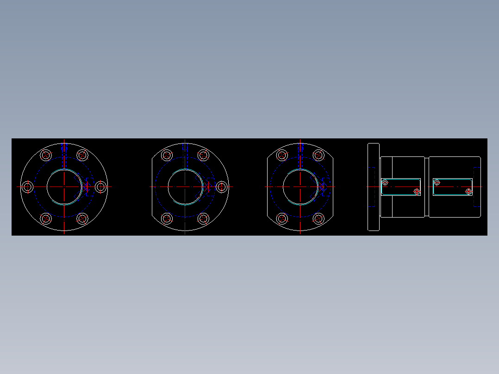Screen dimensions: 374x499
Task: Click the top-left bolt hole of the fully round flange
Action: (46, 155)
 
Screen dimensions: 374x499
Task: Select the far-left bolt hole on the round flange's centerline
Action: (28, 187)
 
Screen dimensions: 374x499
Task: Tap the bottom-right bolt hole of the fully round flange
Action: (82, 218)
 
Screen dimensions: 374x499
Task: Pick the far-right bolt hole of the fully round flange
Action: (101, 187)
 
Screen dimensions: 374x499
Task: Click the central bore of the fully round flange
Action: (64, 187)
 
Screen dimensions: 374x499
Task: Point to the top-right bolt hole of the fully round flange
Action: (82, 155)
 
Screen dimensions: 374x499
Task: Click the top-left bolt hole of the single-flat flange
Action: (167, 155)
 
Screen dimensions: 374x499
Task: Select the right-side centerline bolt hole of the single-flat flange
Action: (222, 187)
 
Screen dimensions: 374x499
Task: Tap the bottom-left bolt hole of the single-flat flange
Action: (167, 218)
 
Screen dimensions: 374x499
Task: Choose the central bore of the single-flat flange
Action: (185, 187)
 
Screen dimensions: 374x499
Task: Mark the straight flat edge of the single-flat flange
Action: (152, 187)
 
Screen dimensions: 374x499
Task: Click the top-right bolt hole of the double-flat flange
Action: (318, 155)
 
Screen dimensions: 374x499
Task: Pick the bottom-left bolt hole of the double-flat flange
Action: (282, 218)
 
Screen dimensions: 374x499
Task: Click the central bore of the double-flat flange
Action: (300, 187)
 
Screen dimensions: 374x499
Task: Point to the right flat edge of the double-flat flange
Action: (333, 187)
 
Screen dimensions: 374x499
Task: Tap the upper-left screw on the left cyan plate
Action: (385, 182)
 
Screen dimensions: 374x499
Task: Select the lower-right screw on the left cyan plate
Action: (417, 191)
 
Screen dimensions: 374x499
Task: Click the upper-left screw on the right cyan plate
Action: (437, 182)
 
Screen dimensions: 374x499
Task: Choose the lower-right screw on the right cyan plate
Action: (468, 191)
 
